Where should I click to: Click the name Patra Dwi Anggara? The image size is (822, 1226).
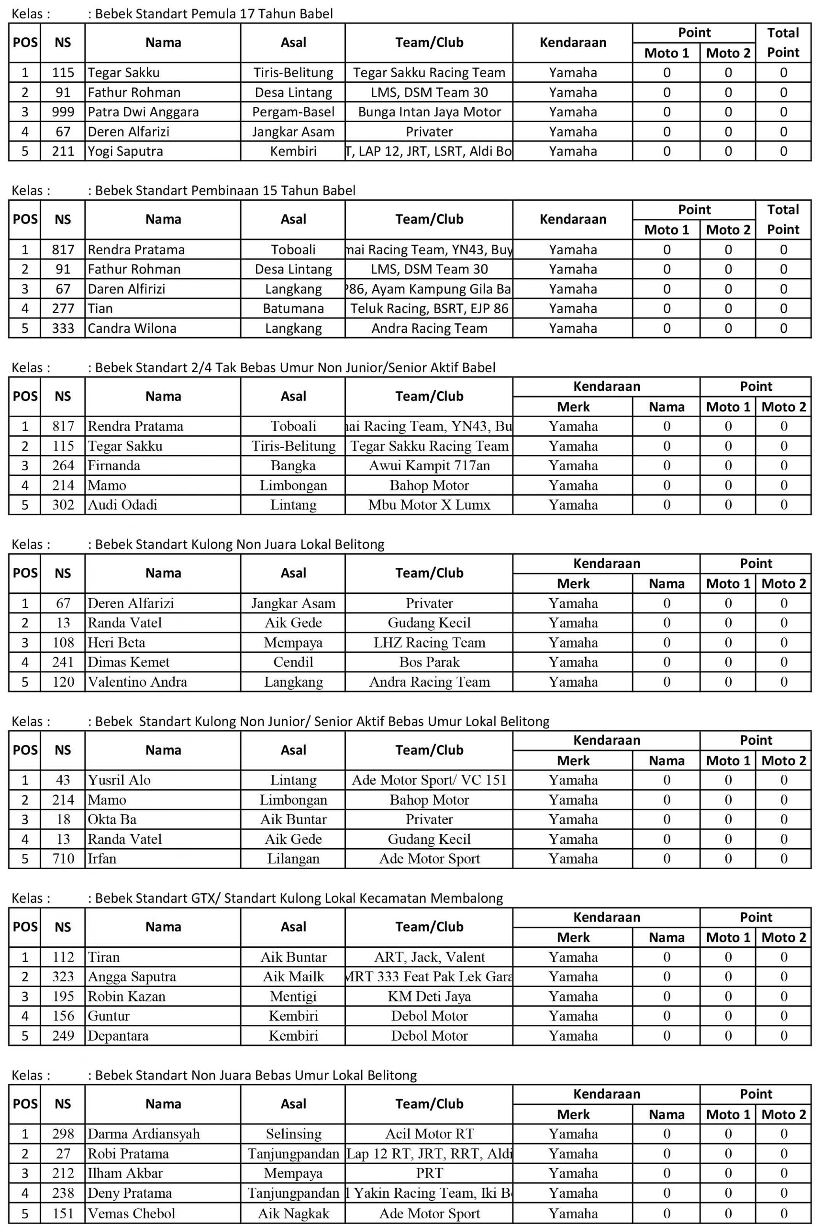pos(143,112)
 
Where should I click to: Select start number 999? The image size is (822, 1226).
pos(63,112)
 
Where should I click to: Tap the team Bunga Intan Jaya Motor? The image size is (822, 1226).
pos(429,112)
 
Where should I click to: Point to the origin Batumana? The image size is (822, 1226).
pos(293,308)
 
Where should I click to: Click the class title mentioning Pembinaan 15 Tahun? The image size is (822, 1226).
pos(225,191)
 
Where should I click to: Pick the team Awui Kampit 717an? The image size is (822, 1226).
pos(429,466)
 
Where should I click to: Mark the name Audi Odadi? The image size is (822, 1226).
pos(122,505)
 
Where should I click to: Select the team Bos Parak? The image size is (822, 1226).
pos(429,662)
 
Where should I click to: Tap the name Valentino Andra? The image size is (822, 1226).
pos(137,682)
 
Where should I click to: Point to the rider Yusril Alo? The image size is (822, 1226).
pos(119,780)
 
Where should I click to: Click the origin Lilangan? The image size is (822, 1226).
pos(293,859)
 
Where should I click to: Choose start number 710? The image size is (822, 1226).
pos(63,859)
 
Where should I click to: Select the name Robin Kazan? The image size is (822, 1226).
pos(126,996)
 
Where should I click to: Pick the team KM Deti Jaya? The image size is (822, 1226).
pos(429,996)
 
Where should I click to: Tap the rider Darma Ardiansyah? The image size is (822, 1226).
pos(144,1134)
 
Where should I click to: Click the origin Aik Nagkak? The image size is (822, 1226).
pos(293,1214)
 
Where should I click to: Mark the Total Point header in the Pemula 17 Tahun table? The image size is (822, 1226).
pos(783,43)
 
